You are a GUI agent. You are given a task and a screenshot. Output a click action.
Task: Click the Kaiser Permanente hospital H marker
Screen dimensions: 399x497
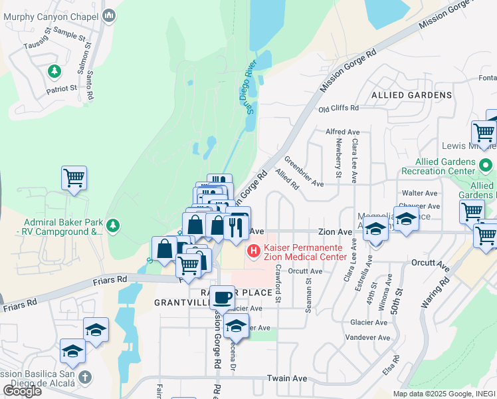point(252,251)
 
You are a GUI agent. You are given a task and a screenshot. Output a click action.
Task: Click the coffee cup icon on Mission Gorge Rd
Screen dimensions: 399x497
point(223,297)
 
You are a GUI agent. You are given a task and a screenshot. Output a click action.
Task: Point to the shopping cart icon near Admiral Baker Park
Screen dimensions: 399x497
point(74,178)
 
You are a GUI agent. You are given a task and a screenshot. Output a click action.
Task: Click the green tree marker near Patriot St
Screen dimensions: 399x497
point(54,70)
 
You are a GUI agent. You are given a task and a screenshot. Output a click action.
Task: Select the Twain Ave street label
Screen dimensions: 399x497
point(287,378)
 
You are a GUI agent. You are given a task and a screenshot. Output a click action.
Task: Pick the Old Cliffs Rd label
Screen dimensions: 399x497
point(338,108)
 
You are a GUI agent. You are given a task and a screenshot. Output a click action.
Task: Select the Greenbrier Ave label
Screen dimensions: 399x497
point(303,171)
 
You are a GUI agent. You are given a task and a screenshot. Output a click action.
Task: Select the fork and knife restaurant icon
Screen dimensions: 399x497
point(237,227)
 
